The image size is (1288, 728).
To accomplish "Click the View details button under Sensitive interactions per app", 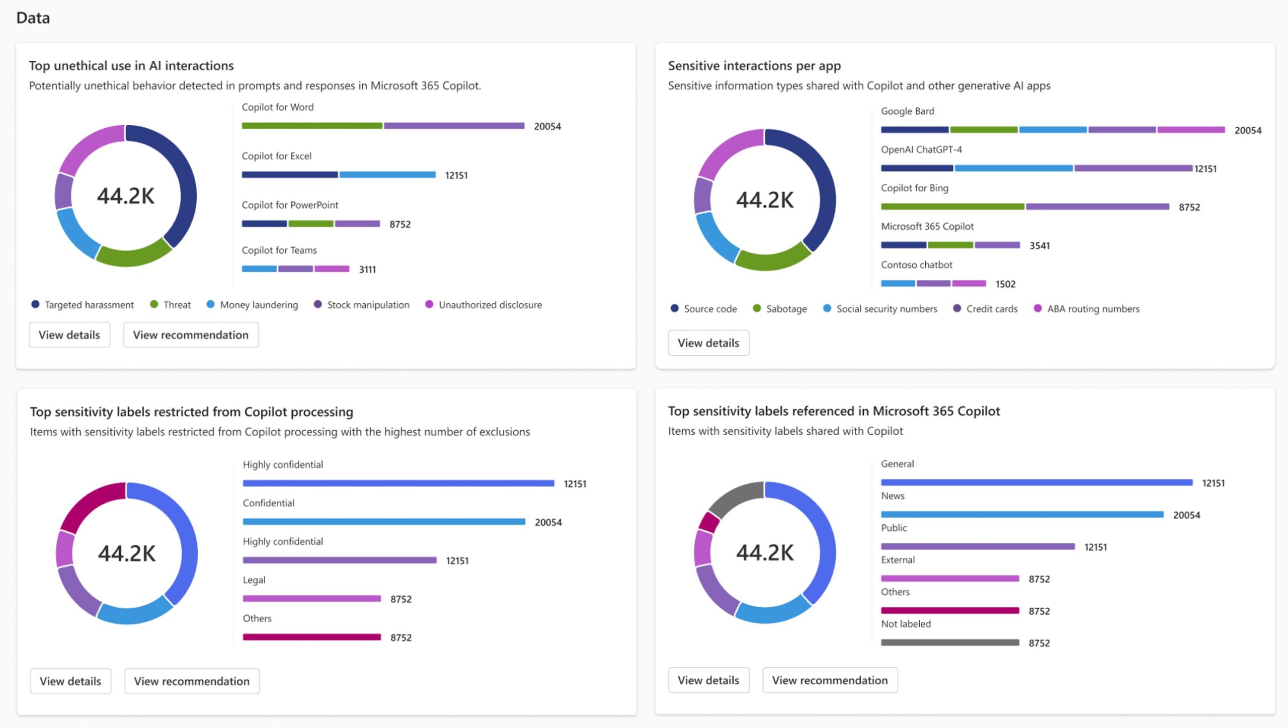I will [x=708, y=343].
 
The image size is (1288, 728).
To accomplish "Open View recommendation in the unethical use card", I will [x=191, y=335].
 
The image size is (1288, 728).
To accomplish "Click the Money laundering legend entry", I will [x=258, y=305].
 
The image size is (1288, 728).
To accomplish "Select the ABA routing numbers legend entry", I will [x=1092, y=309].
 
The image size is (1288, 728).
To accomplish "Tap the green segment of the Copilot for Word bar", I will [x=311, y=126].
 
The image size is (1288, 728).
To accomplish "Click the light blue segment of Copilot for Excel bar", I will [x=387, y=175].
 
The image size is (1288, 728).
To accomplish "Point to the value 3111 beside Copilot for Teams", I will [x=367, y=270].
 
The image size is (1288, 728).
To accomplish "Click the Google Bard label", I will [x=907, y=111].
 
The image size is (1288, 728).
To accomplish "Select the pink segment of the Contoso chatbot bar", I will [x=969, y=284].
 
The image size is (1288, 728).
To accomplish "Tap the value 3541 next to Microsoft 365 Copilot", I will [x=1039, y=246].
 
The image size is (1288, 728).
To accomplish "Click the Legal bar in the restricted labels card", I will [x=311, y=599].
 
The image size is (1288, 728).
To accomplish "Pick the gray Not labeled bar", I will [x=949, y=642].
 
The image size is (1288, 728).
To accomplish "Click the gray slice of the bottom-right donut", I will [x=735, y=498].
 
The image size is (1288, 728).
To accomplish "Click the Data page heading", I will [x=33, y=18].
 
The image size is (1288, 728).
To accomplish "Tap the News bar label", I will [x=892, y=496].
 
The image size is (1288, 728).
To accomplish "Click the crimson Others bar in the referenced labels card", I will [x=949, y=610].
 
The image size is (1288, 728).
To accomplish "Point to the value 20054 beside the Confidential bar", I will [x=548, y=523].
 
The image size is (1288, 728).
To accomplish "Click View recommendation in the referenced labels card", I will [x=829, y=680].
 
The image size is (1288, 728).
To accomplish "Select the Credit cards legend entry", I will [x=991, y=309].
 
